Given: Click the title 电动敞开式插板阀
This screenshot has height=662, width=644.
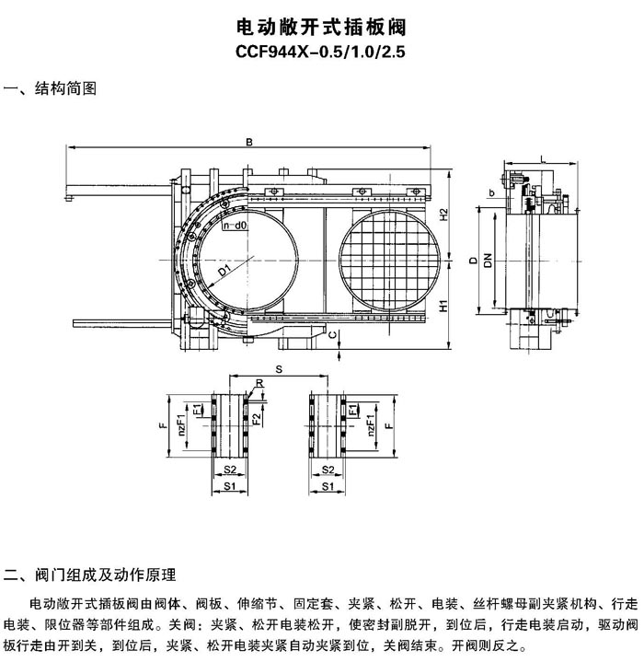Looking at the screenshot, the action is (321, 28).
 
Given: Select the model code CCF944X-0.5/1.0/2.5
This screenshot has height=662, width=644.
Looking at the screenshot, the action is (320, 52).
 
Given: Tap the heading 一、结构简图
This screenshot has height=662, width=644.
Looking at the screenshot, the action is (51, 88).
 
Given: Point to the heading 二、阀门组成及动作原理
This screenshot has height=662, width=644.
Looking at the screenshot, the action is (90, 575).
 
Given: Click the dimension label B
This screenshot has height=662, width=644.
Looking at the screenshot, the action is (249, 143).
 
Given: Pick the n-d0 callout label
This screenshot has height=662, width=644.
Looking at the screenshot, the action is (235, 226).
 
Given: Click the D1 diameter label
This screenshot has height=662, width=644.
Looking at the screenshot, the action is (224, 270).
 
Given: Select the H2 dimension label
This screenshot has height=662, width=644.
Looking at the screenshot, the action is (443, 215).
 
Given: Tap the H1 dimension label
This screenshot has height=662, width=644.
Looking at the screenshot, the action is (443, 306).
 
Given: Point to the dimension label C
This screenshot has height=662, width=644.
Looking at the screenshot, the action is (333, 335).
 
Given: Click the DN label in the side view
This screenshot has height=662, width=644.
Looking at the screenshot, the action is (488, 260).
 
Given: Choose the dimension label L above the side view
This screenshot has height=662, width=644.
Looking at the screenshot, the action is (543, 158).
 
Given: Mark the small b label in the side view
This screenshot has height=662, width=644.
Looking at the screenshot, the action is (491, 193).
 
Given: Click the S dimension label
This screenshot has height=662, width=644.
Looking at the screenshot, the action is (279, 370).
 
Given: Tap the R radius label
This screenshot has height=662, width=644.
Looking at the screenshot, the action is (259, 383).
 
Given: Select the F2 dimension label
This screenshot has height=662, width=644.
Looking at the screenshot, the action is (257, 419).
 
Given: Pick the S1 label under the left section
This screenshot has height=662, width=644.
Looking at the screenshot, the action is (230, 486).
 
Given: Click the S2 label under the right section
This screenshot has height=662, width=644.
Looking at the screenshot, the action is (328, 470).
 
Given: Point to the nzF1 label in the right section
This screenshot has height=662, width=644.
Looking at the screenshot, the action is (371, 425).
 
